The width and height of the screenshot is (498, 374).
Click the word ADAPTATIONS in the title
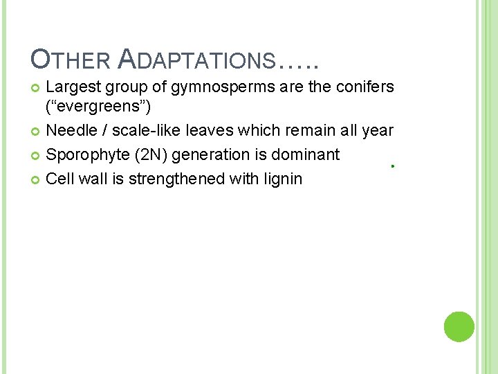pyautogui.click(x=197, y=61)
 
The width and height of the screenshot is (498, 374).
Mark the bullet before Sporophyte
pyautogui.click(x=36, y=155)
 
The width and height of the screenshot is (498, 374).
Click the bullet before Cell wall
pyautogui.click(x=36, y=179)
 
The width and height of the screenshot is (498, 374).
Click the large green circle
pyautogui.click(x=459, y=326)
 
